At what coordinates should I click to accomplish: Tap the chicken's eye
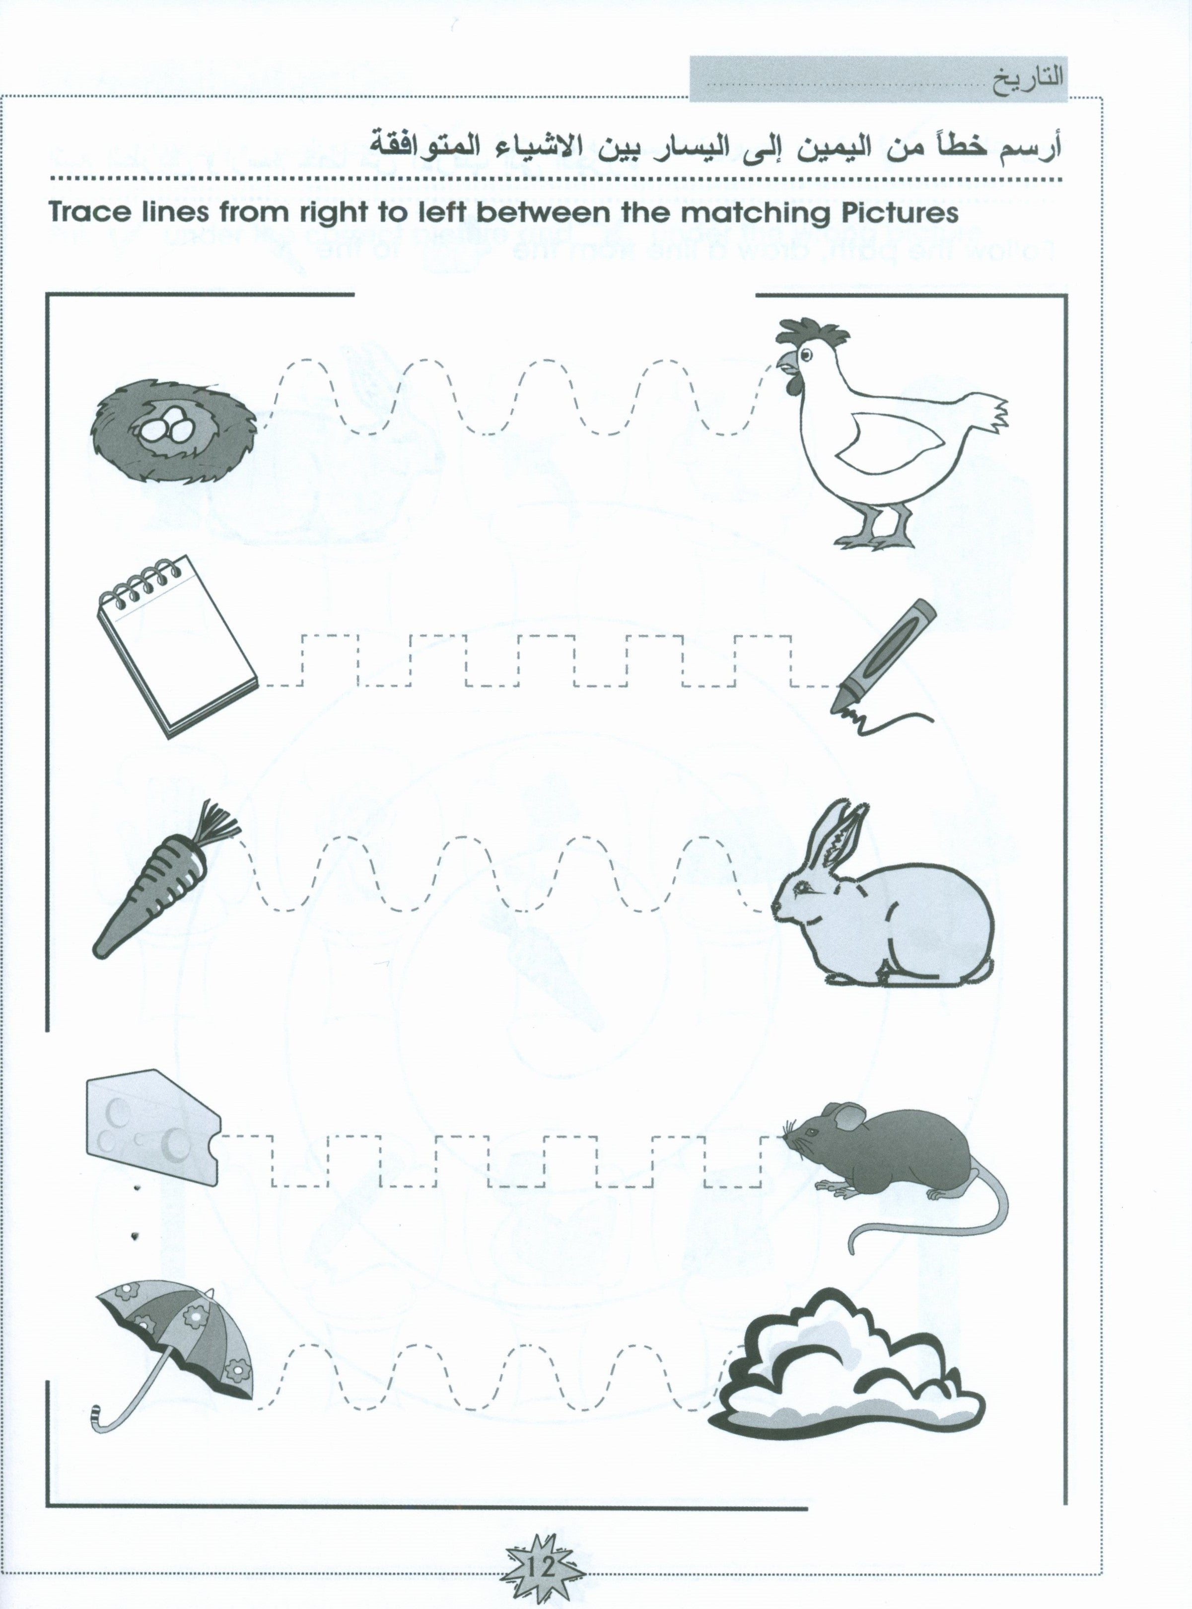(805, 354)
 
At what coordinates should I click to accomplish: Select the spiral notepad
(177, 646)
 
